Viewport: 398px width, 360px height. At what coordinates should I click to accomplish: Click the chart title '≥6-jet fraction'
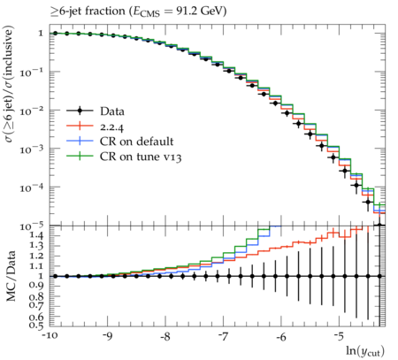point(88,11)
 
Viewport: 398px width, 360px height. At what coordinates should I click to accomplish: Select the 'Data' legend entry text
point(112,111)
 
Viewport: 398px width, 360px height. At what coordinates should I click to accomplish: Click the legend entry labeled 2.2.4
point(111,127)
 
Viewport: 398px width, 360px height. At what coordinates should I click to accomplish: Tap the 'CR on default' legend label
point(136,142)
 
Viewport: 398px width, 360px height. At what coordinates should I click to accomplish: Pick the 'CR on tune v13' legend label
point(141,157)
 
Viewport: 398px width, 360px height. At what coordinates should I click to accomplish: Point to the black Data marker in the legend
point(80,111)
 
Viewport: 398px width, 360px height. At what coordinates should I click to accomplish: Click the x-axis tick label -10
point(50,336)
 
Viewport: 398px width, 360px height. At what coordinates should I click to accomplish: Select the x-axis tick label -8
point(165,336)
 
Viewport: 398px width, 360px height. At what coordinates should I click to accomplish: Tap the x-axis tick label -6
point(281,336)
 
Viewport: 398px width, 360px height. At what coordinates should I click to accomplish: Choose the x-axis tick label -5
point(339,336)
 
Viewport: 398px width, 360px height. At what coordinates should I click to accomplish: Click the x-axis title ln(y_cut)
point(365,351)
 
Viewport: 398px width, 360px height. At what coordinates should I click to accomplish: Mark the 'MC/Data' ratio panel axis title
point(11,276)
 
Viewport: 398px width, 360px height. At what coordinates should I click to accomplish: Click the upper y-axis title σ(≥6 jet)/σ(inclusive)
point(10,84)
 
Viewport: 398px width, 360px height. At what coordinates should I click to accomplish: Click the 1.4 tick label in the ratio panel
point(37,235)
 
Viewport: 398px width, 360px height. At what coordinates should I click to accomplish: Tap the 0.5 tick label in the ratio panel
point(37,326)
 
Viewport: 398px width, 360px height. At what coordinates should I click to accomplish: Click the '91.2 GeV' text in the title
point(202,11)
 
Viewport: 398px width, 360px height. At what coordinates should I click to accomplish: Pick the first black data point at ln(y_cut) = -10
point(55,34)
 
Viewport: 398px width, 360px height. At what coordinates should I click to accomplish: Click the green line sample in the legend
point(80,156)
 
